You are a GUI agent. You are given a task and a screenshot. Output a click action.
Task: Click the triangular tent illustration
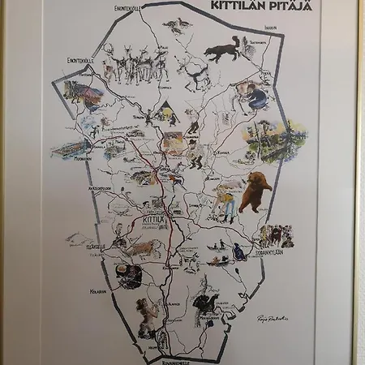(165, 108)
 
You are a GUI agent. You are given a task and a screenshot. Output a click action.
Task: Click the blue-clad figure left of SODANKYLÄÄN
(239, 252)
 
